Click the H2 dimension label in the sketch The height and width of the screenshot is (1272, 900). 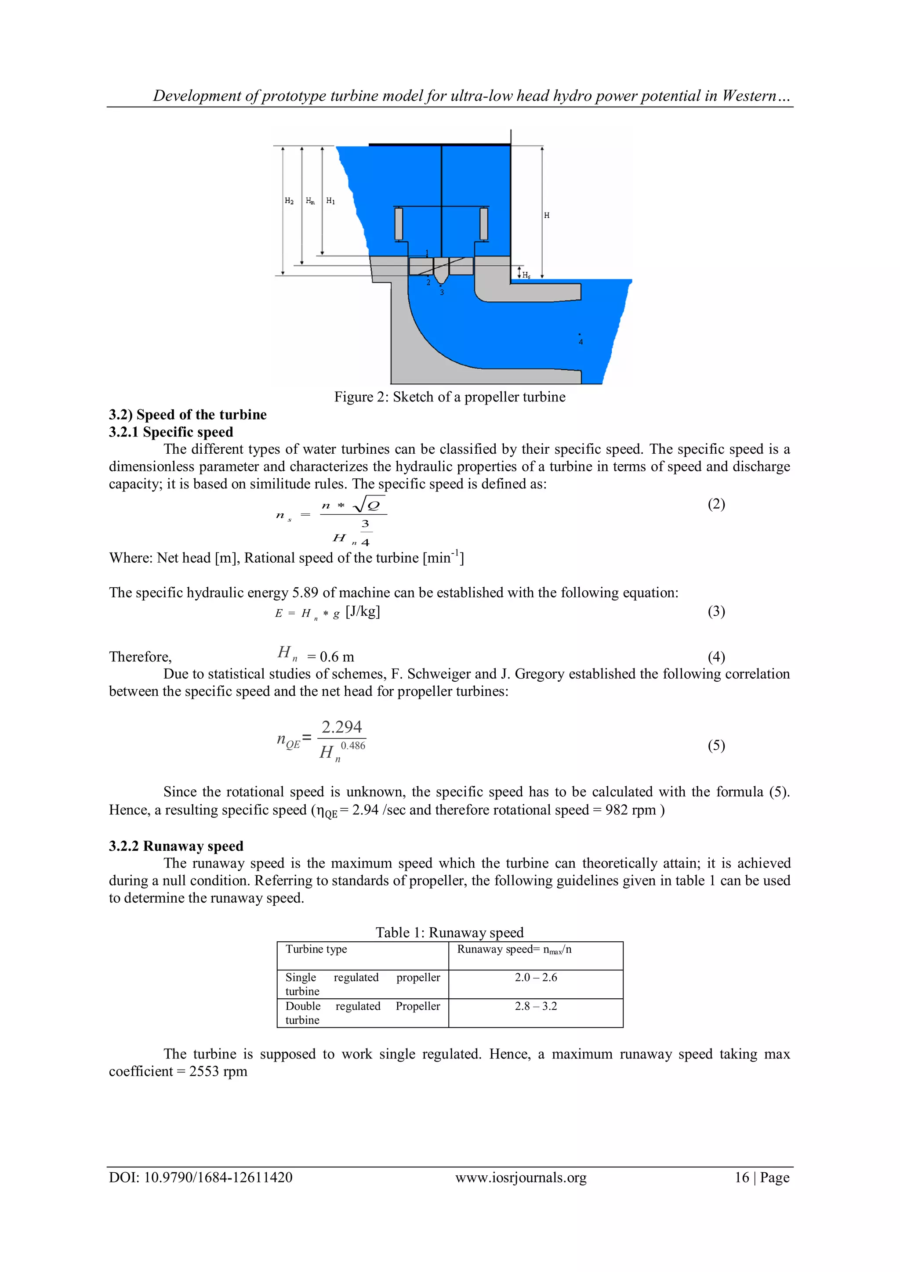(x=289, y=201)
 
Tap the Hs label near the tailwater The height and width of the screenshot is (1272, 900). (x=526, y=275)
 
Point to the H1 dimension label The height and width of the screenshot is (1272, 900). (x=330, y=201)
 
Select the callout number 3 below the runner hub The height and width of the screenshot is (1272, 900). (x=442, y=293)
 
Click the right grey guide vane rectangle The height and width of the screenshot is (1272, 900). (x=484, y=224)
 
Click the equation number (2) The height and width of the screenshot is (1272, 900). (x=716, y=504)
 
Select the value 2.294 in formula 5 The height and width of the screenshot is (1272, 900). (x=341, y=726)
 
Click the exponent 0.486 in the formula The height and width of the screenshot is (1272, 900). (x=353, y=746)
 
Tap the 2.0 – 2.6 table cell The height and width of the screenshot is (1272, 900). (x=535, y=977)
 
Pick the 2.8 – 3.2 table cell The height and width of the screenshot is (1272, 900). (x=535, y=1006)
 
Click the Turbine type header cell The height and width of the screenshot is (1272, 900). (x=316, y=949)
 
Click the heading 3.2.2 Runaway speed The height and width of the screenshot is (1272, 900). (x=176, y=846)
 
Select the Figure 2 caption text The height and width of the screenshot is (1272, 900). (x=450, y=397)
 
